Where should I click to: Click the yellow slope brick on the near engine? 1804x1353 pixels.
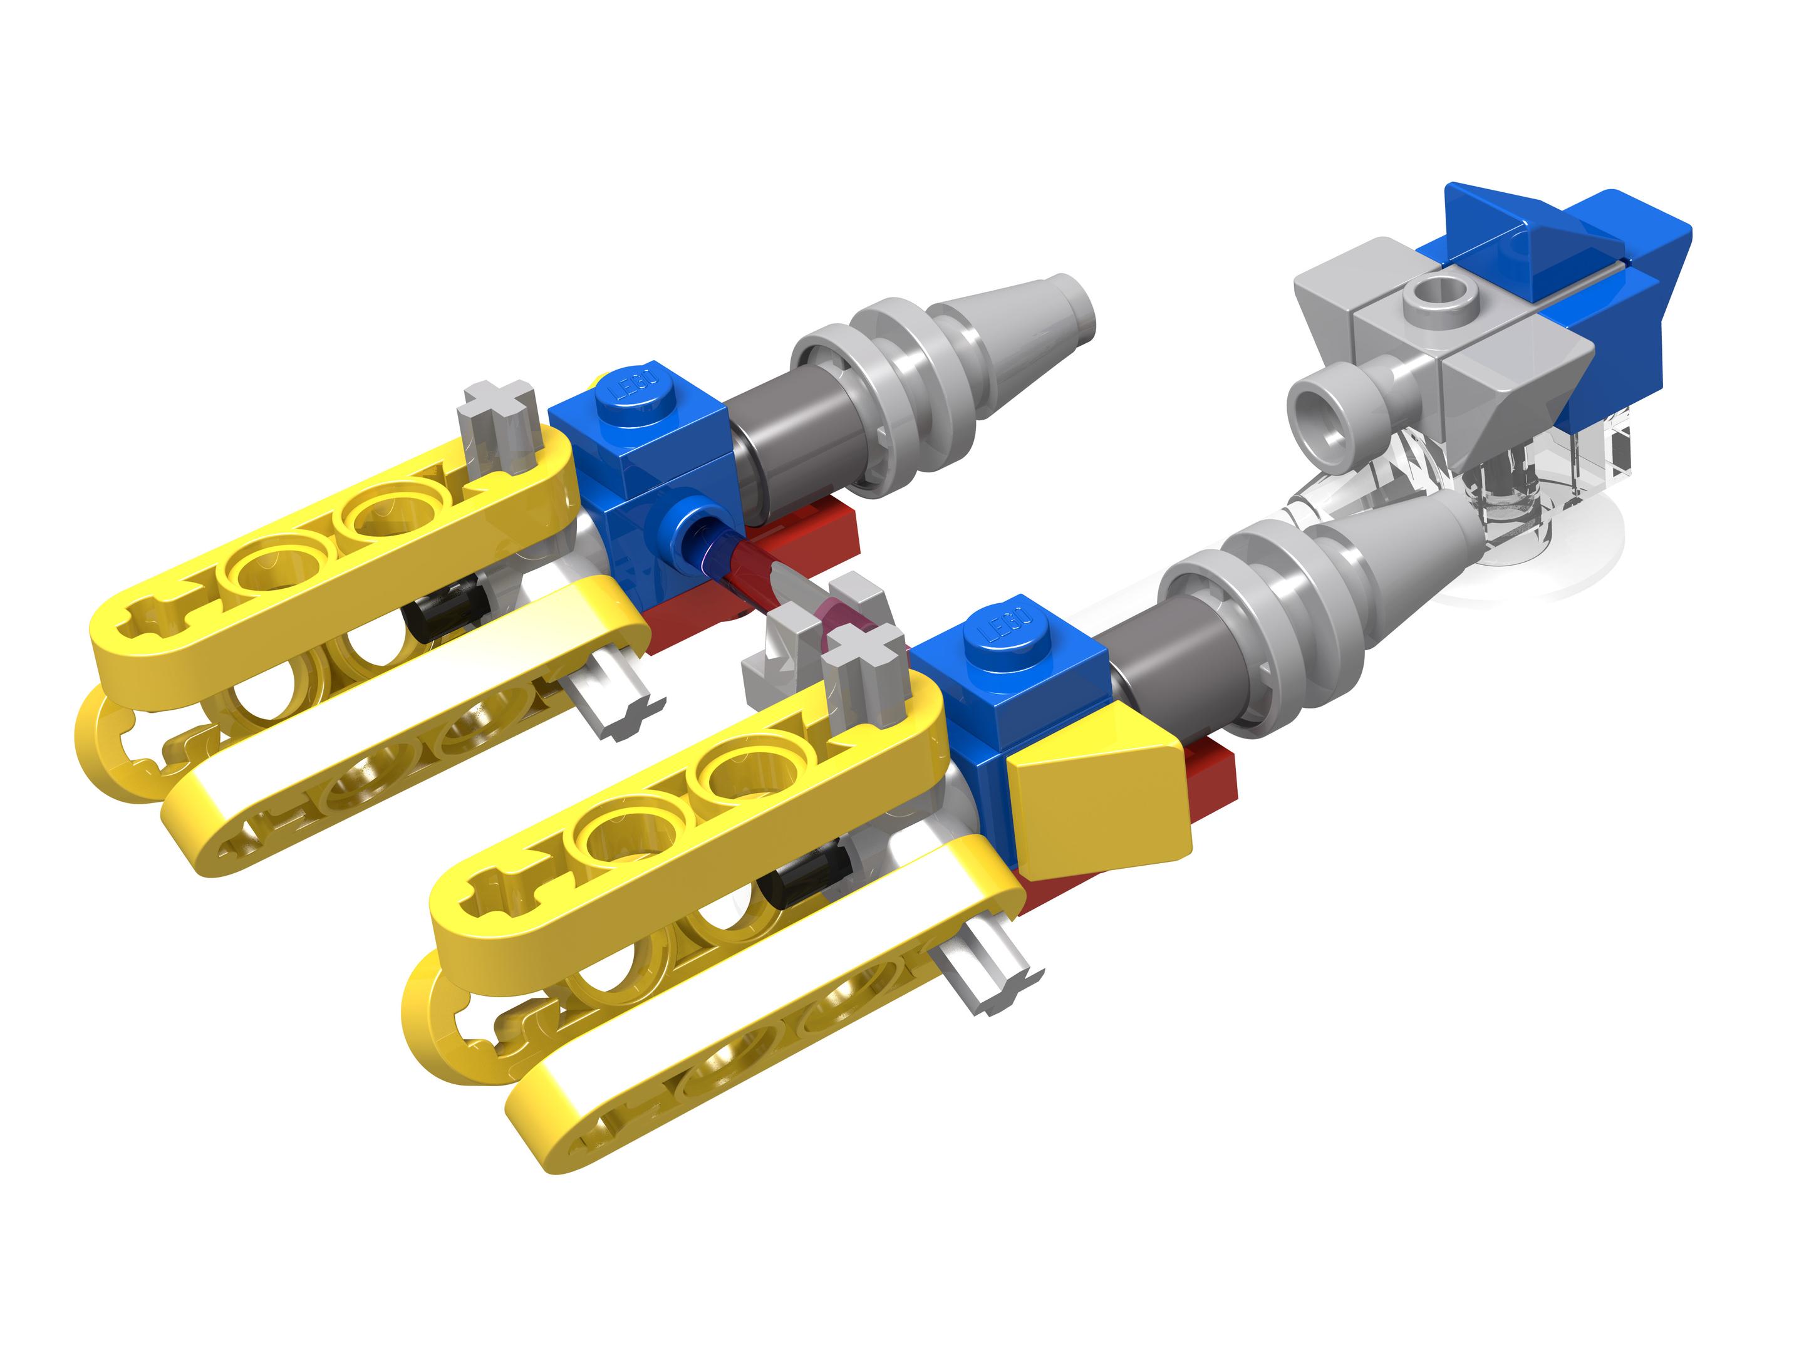tap(1097, 795)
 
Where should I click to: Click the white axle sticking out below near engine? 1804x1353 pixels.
tap(989, 975)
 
